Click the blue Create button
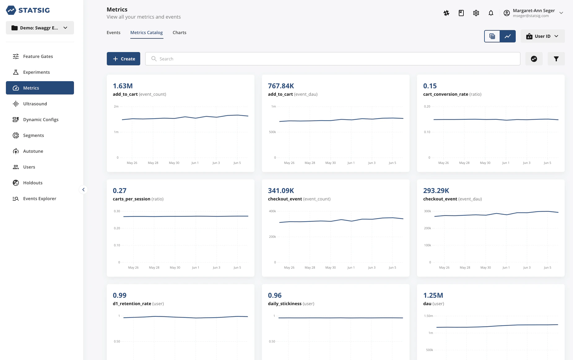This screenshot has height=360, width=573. click(x=123, y=59)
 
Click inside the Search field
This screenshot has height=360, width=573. click(x=332, y=59)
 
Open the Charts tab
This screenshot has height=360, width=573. click(x=179, y=33)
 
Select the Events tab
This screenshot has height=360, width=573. click(x=113, y=33)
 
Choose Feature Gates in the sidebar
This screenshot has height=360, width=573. click(x=38, y=56)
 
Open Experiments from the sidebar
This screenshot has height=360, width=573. click(x=36, y=72)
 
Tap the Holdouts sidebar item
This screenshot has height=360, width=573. click(x=33, y=183)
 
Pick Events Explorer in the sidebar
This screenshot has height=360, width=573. click(x=39, y=199)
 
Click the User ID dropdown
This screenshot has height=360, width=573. click(x=542, y=36)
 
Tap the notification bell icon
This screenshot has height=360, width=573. click(x=491, y=13)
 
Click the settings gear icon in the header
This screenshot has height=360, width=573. click(x=476, y=13)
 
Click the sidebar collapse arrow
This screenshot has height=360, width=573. click(x=83, y=190)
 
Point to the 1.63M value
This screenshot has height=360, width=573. click(x=123, y=86)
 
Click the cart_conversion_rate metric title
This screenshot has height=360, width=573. click(x=445, y=94)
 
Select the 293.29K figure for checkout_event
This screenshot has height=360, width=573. click(x=436, y=191)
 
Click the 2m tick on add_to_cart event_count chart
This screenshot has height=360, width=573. click(x=116, y=107)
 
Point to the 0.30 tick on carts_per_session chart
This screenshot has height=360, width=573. click(x=117, y=211)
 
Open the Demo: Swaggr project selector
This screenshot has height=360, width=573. click(x=40, y=28)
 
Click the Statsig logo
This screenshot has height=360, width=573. click(x=28, y=10)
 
